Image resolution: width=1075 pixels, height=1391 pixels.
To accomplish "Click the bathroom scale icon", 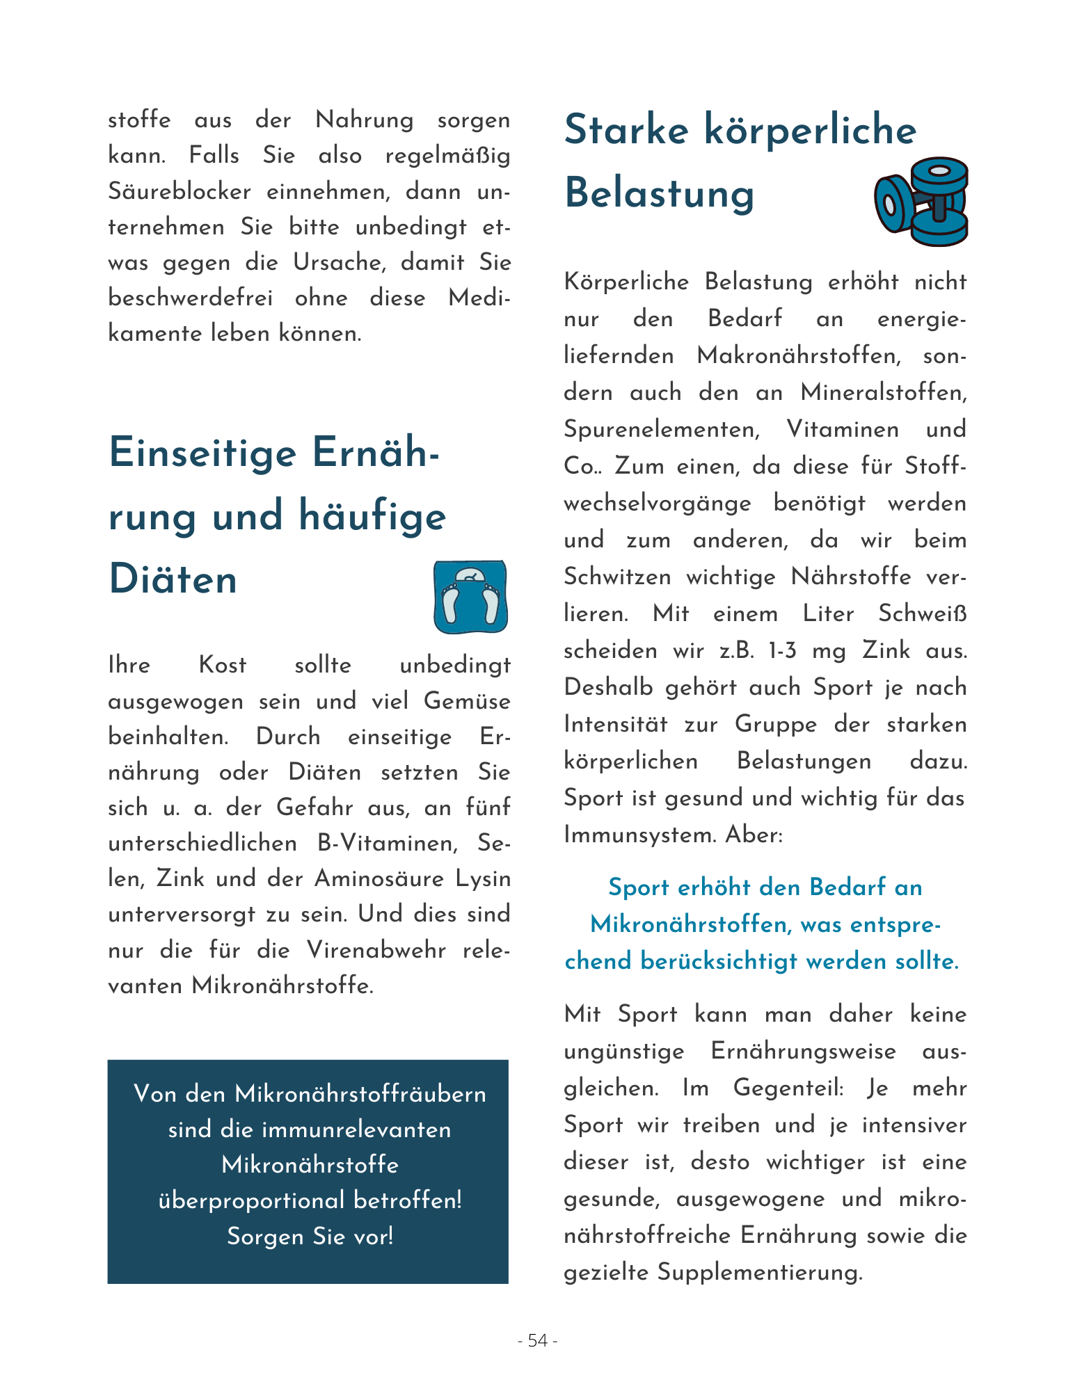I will click(470, 597).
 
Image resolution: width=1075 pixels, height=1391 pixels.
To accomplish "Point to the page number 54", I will click(537, 1340).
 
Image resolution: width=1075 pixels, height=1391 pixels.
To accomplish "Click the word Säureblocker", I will click(180, 191).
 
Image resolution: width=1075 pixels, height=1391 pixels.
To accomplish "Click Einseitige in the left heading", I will click(202, 453).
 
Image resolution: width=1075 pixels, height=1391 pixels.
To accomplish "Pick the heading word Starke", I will click(626, 130).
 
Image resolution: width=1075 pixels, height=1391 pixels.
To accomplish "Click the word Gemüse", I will click(467, 701).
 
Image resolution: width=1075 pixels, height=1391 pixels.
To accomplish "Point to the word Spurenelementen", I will click(662, 429).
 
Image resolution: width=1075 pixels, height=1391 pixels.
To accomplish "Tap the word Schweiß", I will click(922, 613).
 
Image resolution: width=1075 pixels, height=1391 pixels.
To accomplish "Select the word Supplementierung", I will click(759, 1272).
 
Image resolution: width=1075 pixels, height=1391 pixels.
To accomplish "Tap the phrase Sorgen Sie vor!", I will click(310, 1236).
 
